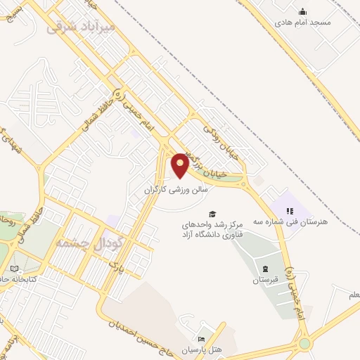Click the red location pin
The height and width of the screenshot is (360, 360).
coord(181,165)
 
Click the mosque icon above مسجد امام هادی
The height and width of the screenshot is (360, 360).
coord(303,11)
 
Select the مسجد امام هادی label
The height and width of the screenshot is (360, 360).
coord(303,22)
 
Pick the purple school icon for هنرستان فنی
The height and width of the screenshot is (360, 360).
coord(289,210)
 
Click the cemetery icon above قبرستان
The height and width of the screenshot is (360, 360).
coord(264,269)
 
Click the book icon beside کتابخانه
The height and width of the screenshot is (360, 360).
coord(14,269)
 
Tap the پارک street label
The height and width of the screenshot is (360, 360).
coord(116,266)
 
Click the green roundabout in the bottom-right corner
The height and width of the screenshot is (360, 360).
coord(304,344)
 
